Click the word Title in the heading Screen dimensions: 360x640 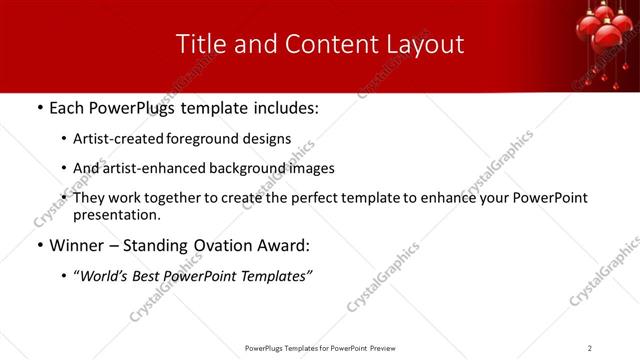pos(200,44)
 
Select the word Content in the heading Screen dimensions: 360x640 pos(310,44)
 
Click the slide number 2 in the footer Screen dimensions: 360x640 pos(590,348)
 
